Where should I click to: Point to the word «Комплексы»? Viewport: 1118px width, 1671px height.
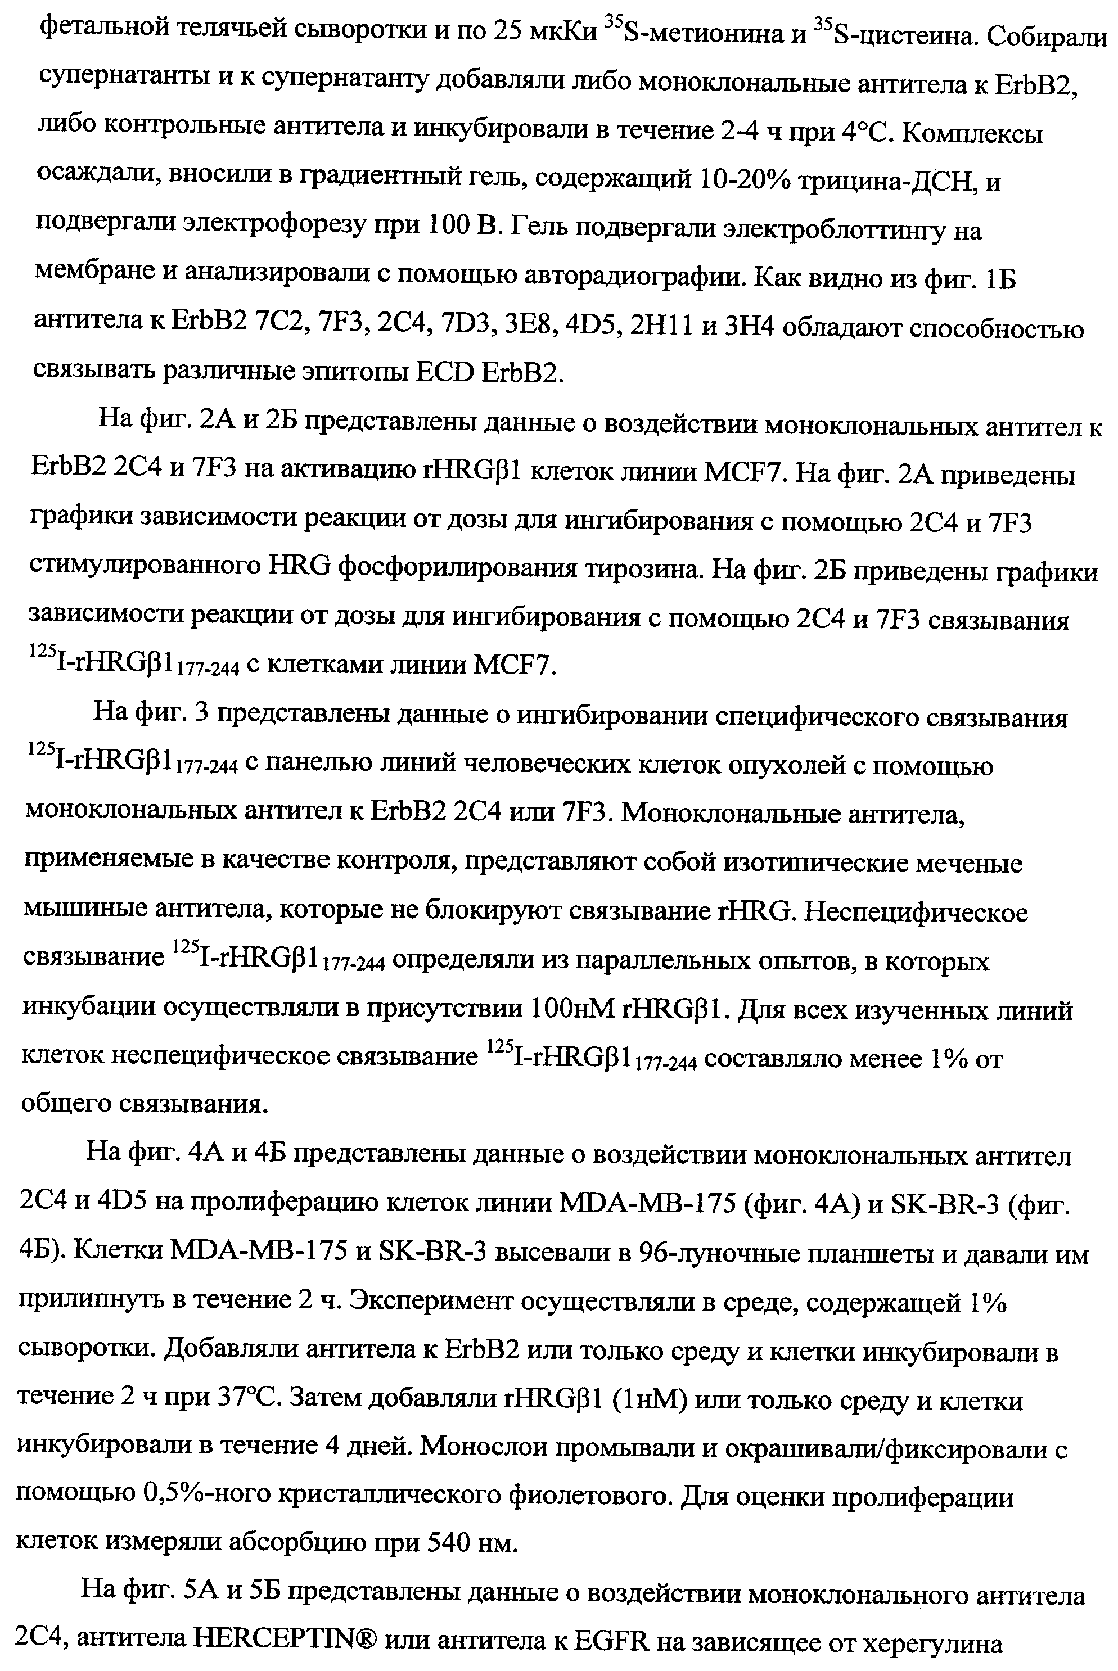(973, 133)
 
